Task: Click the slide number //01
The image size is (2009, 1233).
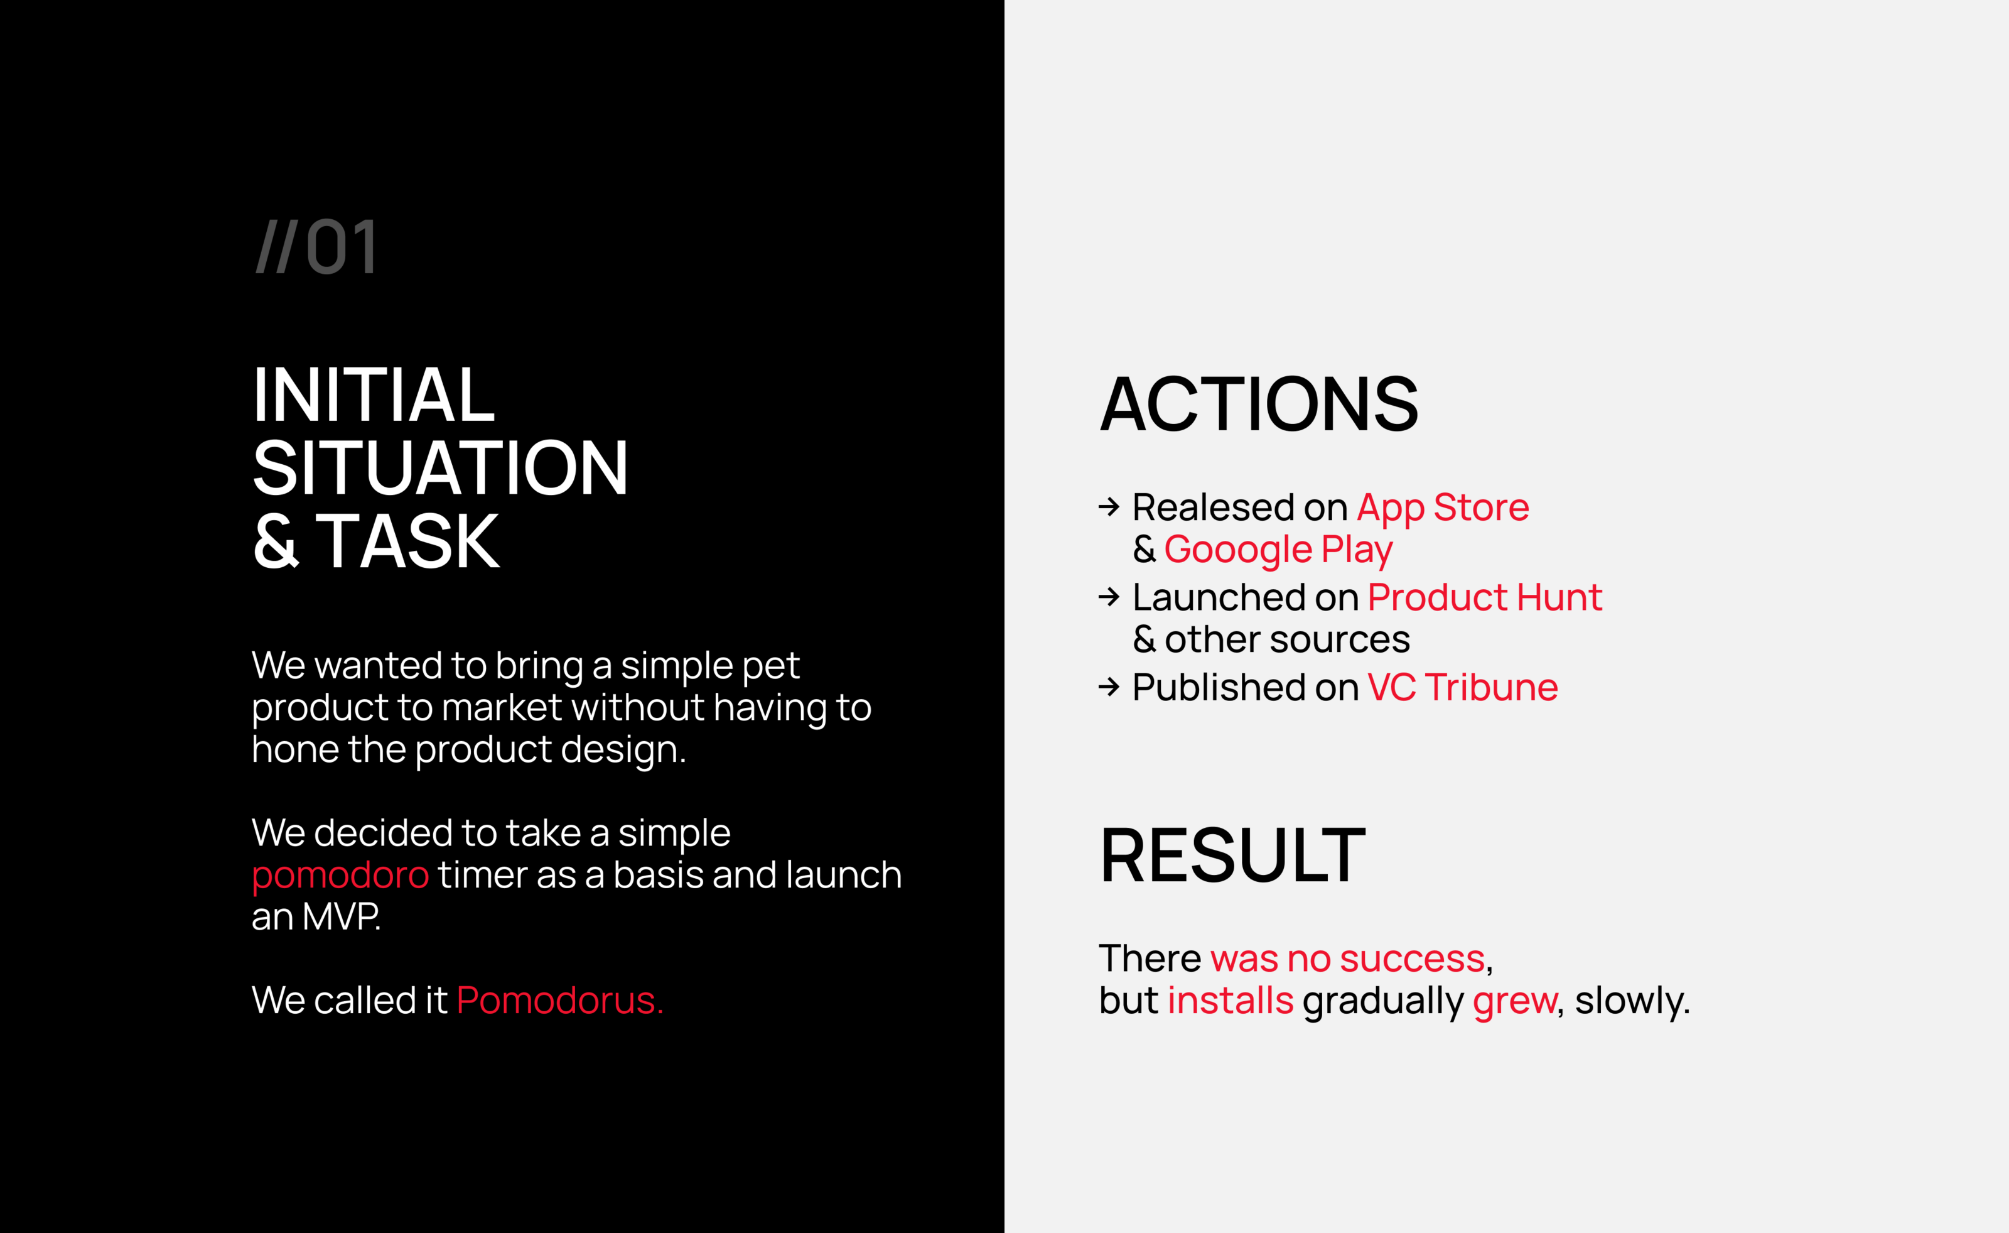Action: pyautogui.click(x=316, y=246)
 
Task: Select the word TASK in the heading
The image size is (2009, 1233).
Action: pyautogui.click(x=407, y=541)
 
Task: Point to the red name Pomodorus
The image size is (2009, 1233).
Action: pyautogui.click(x=560, y=1001)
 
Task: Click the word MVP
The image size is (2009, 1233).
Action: pyautogui.click(x=342, y=916)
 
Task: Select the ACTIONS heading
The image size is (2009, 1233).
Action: pyautogui.click(x=1259, y=405)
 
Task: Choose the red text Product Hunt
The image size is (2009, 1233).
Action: pyautogui.click(x=1485, y=597)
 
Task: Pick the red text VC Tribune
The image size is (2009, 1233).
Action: pyautogui.click(x=1463, y=687)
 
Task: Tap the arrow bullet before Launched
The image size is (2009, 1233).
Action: pyautogui.click(x=1109, y=597)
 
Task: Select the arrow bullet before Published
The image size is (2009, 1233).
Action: pyautogui.click(x=1109, y=687)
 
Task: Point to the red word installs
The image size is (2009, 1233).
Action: pyautogui.click(x=1231, y=1001)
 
